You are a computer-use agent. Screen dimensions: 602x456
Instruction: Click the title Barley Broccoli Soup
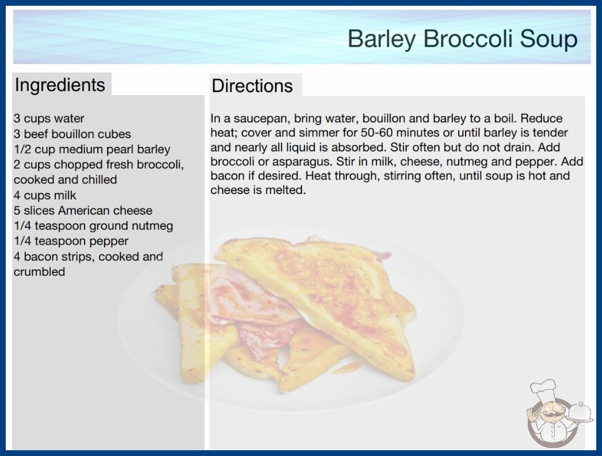tap(462, 39)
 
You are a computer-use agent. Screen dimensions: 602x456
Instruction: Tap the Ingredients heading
tap(60, 85)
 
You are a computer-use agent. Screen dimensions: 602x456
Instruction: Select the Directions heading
tap(252, 86)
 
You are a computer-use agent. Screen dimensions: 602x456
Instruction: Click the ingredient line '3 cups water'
tap(49, 119)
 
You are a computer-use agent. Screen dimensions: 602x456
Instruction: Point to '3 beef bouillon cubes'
tap(72, 134)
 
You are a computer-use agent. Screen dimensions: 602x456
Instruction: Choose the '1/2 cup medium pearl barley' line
tap(92, 149)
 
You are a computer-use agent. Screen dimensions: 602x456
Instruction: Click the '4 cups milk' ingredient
tap(45, 195)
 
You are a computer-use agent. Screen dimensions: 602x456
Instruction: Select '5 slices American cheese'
tap(83, 211)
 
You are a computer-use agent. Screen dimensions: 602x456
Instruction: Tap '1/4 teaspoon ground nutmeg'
tap(93, 226)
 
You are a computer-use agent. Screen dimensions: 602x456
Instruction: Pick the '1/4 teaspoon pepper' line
tap(71, 241)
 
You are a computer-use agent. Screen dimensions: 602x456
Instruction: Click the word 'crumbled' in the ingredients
tap(39, 272)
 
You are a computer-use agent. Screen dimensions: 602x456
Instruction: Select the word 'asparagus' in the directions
tap(299, 161)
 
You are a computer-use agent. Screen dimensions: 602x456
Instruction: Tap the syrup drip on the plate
tap(346, 368)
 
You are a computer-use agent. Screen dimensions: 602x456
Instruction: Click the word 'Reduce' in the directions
tap(542, 119)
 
